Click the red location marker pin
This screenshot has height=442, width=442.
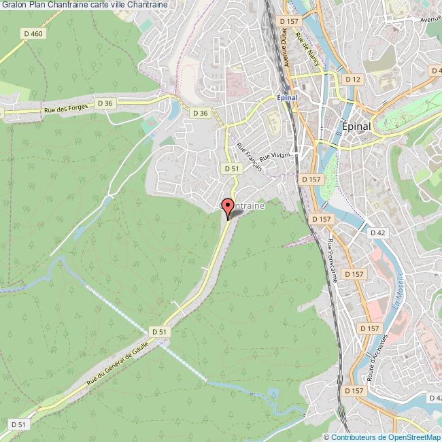coord(228,207)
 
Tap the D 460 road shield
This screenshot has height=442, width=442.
coord(32,33)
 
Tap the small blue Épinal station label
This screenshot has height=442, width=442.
coord(290,97)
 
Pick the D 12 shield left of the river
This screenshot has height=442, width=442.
coord(352,80)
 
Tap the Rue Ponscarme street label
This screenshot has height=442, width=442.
coord(333,260)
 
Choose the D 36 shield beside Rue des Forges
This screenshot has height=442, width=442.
coord(104,103)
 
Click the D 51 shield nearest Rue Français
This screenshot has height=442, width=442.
coord(231,167)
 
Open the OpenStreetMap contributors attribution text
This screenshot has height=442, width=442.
coord(382,437)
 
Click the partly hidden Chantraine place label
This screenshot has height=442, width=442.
coord(241,204)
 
